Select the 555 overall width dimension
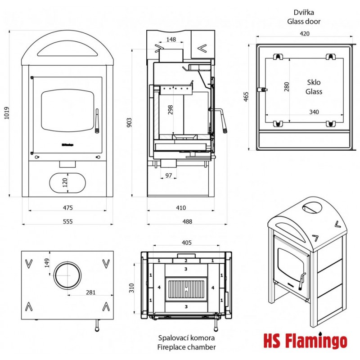[x=68, y=221]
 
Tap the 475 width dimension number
[x=68, y=208]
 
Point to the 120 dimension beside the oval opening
[x=64, y=182]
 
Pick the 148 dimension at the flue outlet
[x=171, y=40]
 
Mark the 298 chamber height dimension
[x=170, y=110]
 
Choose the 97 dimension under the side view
[x=168, y=175]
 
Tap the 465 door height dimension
[x=246, y=97]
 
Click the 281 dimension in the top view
[x=90, y=292]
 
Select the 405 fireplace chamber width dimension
[x=187, y=243]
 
